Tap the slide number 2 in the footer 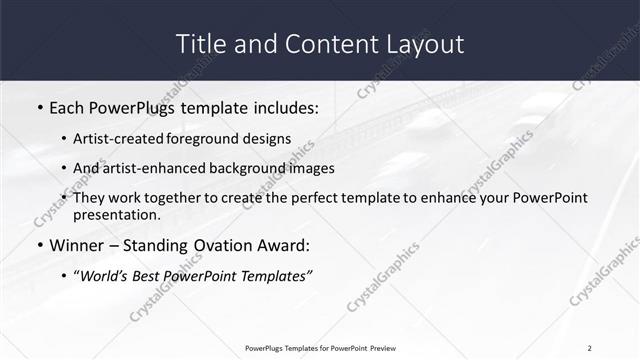coord(590,347)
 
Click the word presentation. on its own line coord(117,215)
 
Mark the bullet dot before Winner coord(39,246)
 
